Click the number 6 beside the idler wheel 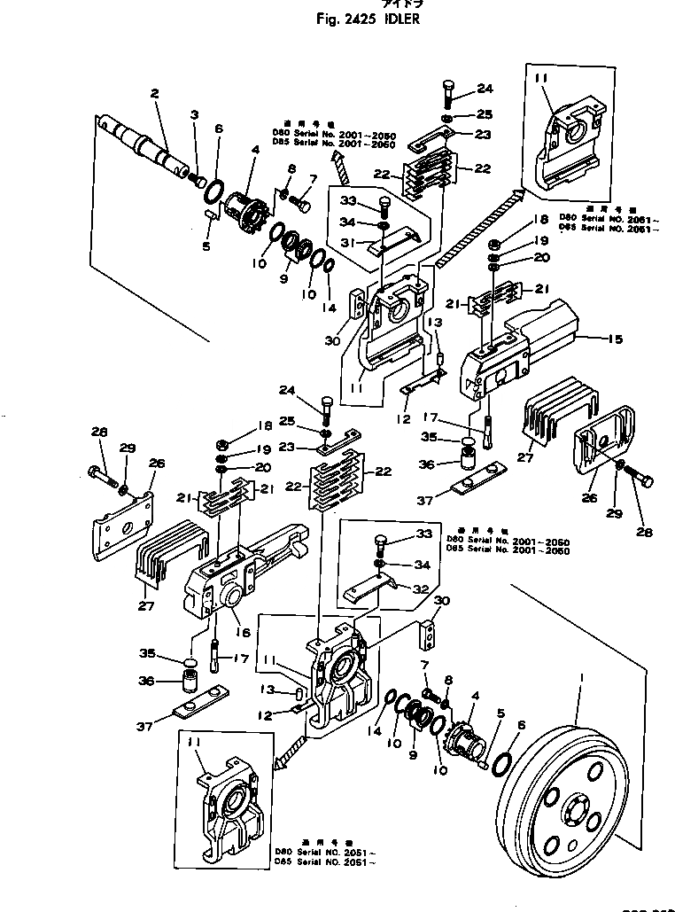coord(520,725)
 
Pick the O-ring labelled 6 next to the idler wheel coord(500,761)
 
